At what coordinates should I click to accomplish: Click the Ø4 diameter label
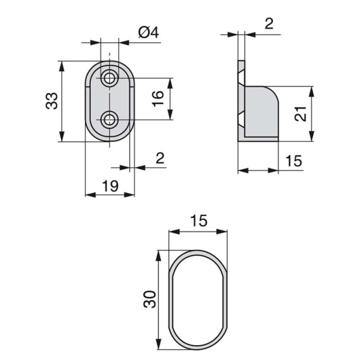tap(147, 33)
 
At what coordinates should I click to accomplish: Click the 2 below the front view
tap(159, 158)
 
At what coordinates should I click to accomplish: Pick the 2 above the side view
tap(269, 23)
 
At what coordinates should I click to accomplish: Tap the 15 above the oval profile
tap(199, 221)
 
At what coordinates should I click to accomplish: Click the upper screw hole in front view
tap(109, 77)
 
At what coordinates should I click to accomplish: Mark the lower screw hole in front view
tap(109, 119)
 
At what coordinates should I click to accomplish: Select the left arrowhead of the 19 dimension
tap(88, 194)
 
